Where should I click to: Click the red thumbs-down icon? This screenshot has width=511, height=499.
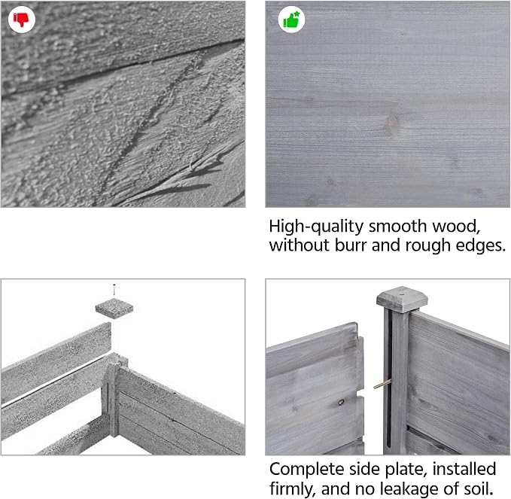pyautogui.click(x=22, y=20)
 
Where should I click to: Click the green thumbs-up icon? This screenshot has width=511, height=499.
pyautogui.click(x=291, y=20)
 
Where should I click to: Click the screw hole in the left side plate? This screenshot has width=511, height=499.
pyautogui.click(x=341, y=403)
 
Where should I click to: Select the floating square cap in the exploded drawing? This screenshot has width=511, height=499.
pyautogui.click(x=114, y=308)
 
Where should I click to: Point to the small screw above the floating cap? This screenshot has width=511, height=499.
pyautogui.click(x=114, y=289)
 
